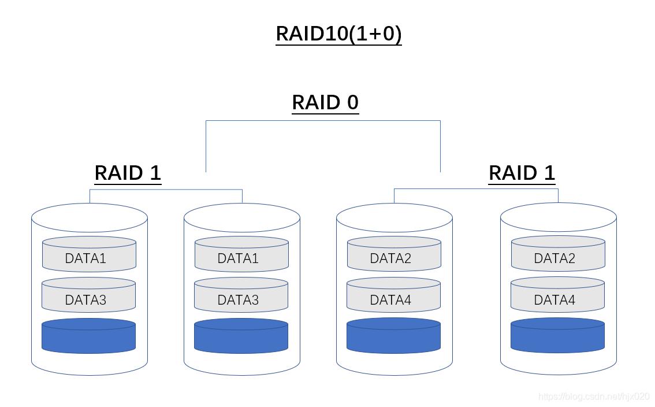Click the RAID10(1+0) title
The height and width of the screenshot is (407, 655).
click(x=338, y=34)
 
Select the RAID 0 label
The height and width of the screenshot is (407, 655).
click(x=325, y=102)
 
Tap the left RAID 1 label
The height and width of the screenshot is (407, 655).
click(x=128, y=173)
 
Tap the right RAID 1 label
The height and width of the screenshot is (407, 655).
click(x=522, y=173)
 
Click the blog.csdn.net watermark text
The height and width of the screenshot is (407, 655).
click(x=594, y=397)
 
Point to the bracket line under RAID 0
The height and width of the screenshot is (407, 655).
click(x=323, y=121)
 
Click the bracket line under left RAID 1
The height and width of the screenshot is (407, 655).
click(x=166, y=189)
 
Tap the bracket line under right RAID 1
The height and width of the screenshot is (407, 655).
click(x=476, y=188)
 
